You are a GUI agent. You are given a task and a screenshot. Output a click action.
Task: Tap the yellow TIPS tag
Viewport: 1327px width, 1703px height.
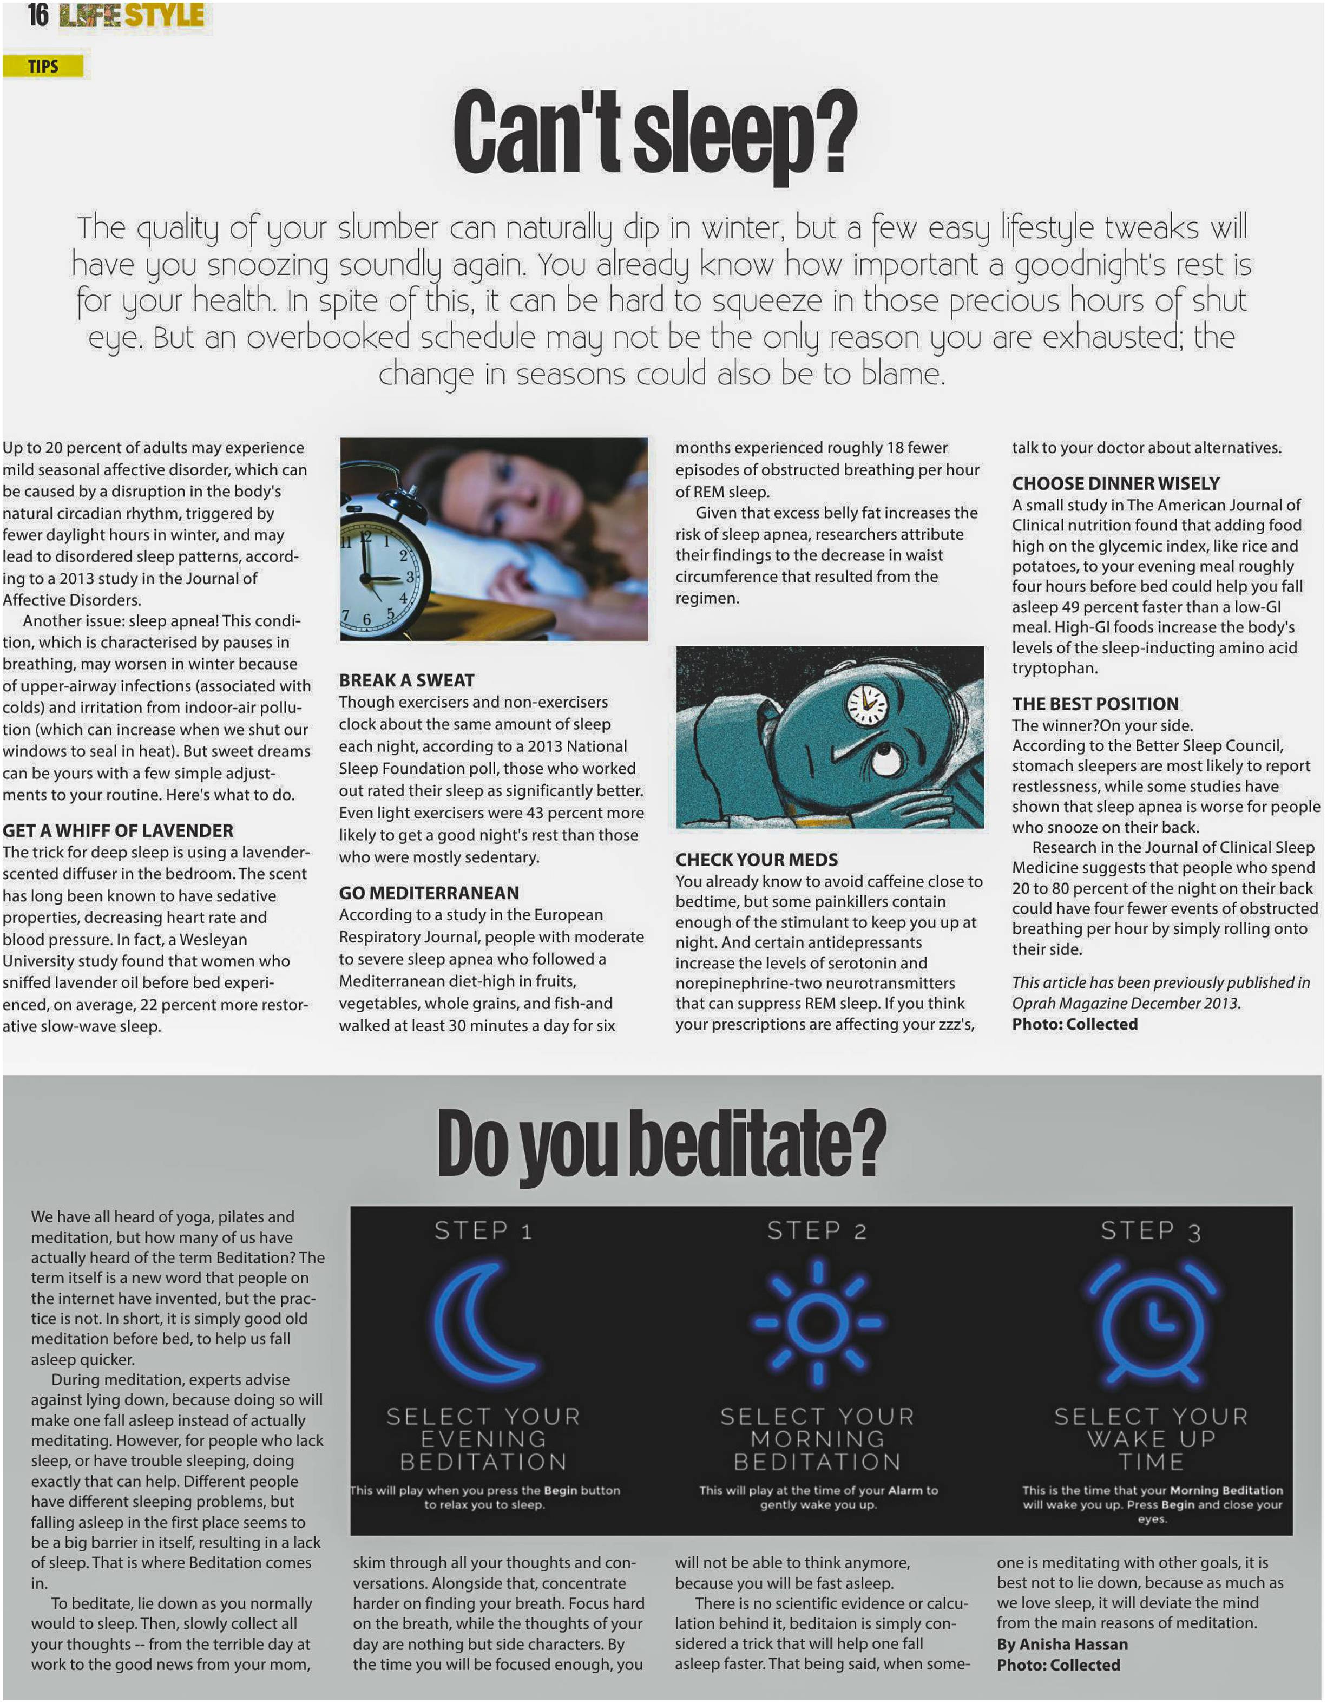pyautogui.click(x=44, y=66)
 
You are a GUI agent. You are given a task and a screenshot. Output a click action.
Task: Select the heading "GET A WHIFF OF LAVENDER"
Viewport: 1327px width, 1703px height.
pyautogui.click(x=118, y=830)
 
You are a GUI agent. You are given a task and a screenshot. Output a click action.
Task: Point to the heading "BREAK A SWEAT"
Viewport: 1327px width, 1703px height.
pyautogui.click(x=406, y=680)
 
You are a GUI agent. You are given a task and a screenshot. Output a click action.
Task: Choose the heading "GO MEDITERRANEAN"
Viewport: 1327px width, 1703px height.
pyautogui.click(x=428, y=893)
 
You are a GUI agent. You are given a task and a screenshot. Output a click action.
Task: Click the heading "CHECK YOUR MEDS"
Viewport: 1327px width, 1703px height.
pyautogui.click(x=756, y=859)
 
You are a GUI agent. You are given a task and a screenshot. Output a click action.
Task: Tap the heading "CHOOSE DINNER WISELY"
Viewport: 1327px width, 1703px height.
pyautogui.click(x=1116, y=483)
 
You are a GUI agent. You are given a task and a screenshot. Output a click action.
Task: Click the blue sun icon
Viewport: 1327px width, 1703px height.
pyautogui.click(x=817, y=1323)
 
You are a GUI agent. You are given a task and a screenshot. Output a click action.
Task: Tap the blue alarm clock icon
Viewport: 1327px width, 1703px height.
pyautogui.click(x=1152, y=1323)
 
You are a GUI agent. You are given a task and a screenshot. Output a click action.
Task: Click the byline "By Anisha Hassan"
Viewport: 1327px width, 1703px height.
pyautogui.click(x=1062, y=1644)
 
